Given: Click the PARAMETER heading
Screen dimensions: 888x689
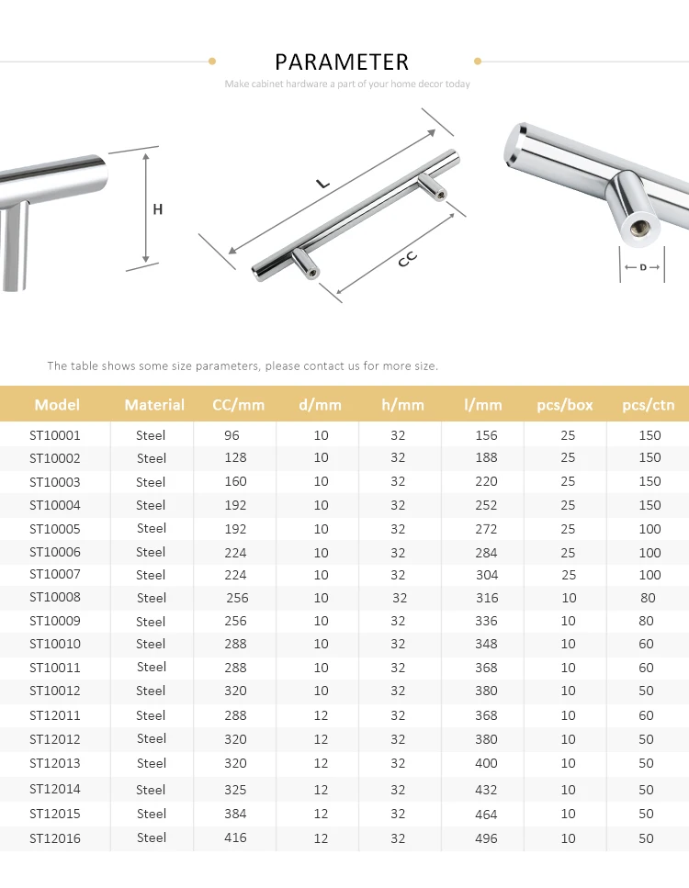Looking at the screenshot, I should tap(342, 62).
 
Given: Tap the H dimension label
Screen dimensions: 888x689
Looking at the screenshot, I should tap(157, 209).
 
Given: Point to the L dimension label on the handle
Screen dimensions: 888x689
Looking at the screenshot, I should tap(322, 183).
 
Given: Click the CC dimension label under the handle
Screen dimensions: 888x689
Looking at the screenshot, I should tap(407, 260).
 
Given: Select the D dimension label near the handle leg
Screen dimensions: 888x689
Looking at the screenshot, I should tap(642, 267).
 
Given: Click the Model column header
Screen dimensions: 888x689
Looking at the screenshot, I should tap(57, 404).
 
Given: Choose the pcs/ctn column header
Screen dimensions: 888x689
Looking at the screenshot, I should tap(649, 404).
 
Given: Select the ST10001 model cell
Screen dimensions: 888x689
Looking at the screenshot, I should tap(55, 435).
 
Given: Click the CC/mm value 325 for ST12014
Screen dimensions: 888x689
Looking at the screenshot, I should tap(235, 790).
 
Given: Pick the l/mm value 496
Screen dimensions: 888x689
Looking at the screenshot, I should tap(486, 837).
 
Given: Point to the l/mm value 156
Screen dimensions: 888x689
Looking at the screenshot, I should tap(486, 435).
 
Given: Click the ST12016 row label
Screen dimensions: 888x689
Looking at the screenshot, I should tap(55, 837).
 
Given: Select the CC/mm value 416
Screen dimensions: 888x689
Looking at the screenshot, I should tap(235, 837).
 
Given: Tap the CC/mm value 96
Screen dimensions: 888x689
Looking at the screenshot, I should tap(232, 435).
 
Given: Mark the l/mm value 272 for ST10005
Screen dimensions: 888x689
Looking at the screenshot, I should tap(486, 529).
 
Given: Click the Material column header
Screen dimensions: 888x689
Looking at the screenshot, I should tap(154, 404).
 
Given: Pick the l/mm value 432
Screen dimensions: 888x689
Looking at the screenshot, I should tap(486, 790).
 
